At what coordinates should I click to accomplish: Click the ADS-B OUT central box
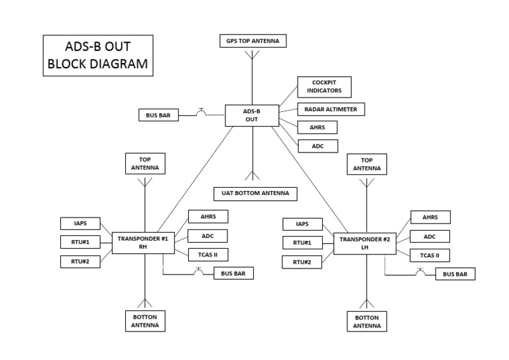pyautogui.click(x=252, y=115)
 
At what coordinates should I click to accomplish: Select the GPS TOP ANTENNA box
pyautogui.click(x=252, y=41)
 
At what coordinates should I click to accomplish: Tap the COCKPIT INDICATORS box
pyautogui.click(x=324, y=87)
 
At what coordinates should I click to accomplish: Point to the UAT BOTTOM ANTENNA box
pyautogui.click(x=255, y=194)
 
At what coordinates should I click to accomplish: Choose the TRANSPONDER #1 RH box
pyautogui.click(x=142, y=243)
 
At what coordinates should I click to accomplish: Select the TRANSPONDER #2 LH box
pyautogui.click(x=365, y=243)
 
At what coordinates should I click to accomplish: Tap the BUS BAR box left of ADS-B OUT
pyautogui.click(x=158, y=116)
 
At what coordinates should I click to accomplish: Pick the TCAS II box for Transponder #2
pyautogui.click(x=429, y=255)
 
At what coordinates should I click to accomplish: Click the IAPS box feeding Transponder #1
pyautogui.click(x=81, y=223)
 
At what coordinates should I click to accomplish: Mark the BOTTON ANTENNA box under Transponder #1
pyautogui.click(x=144, y=322)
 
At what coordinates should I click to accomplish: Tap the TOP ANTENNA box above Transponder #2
pyautogui.click(x=367, y=164)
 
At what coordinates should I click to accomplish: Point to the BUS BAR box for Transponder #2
pyautogui.click(x=455, y=274)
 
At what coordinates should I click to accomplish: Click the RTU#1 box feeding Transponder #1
pyautogui.click(x=81, y=242)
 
